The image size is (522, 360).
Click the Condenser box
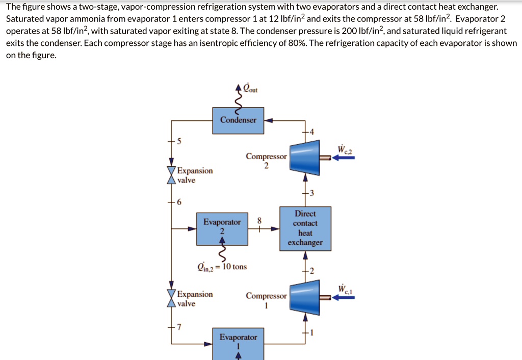coord(238,120)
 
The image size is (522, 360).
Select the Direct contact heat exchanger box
coord(305,228)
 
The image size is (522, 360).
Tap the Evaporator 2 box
coord(222,227)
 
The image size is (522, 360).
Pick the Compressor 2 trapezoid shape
coord(304,158)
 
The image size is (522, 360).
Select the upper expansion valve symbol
coord(171,175)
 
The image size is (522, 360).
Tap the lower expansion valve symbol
coord(171,299)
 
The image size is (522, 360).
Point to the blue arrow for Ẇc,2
coord(343,158)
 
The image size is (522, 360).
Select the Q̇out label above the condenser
coord(250,89)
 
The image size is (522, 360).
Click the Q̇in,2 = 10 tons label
coord(222,266)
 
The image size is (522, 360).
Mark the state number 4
coord(312,133)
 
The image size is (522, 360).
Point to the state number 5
coord(178,141)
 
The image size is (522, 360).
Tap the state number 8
coord(259,220)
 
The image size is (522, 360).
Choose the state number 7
coord(178,327)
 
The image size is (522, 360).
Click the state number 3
coord(312,193)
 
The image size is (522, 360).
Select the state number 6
coord(178,202)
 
